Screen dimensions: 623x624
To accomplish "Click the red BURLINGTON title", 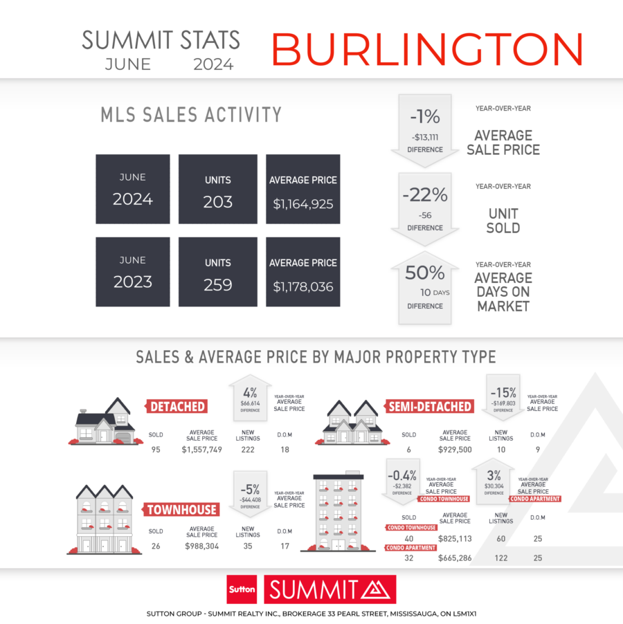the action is (x=427, y=49).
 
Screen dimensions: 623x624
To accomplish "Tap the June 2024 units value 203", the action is (x=218, y=202).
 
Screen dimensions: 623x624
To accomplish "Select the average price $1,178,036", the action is (x=303, y=286).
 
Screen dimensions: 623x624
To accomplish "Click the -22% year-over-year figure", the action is (x=425, y=195).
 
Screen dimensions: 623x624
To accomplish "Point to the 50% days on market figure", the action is (x=425, y=273).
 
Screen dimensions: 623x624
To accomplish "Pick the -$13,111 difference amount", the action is (x=425, y=137).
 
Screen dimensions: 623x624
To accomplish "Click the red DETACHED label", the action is (x=177, y=406).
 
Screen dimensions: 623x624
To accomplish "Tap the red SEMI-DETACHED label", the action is (x=430, y=406).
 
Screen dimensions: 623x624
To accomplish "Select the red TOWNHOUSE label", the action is (x=181, y=509).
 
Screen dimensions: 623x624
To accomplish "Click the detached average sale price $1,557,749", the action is (x=202, y=450).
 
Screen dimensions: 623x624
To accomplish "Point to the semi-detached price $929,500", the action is (x=455, y=450).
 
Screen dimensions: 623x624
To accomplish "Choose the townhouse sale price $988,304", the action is (x=202, y=547).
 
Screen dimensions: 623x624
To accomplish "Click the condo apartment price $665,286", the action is (x=455, y=558).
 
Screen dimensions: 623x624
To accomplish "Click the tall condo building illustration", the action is (x=338, y=511).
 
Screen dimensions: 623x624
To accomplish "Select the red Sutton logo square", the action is (x=242, y=589).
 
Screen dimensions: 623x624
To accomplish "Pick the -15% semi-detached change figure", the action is (x=503, y=393).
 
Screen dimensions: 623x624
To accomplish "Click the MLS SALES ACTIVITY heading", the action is (x=191, y=115).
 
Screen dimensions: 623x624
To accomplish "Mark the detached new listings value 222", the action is (x=248, y=450).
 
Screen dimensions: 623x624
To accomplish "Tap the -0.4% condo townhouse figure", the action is (x=401, y=475).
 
